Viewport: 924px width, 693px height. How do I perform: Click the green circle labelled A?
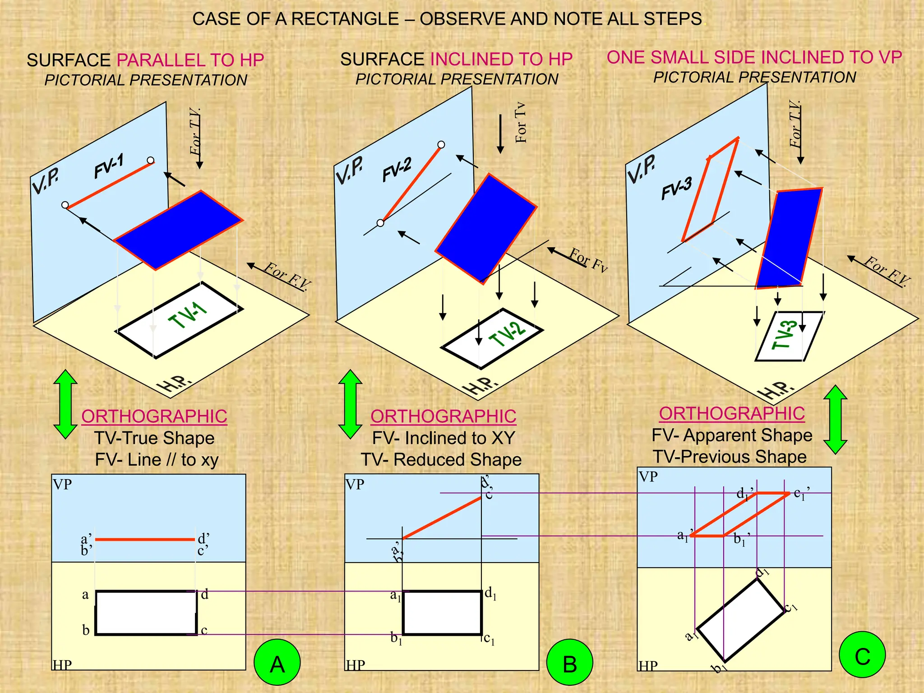(277, 662)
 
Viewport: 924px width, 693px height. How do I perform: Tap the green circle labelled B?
(569, 662)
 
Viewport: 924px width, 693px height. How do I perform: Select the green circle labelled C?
(862, 655)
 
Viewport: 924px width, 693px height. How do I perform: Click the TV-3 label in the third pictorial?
(785, 335)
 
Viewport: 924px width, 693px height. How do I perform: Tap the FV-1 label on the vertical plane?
(109, 166)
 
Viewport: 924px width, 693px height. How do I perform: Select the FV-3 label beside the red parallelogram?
(676, 188)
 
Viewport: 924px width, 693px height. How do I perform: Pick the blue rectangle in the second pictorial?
(486, 228)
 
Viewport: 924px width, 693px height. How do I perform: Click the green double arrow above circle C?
(835, 419)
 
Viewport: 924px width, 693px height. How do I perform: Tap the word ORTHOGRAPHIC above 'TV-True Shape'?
(154, 416)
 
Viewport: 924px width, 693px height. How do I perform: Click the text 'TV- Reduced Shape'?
(441, 460)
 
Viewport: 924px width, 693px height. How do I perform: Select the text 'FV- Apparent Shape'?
(732, 435)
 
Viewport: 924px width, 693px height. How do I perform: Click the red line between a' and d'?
(145, 539)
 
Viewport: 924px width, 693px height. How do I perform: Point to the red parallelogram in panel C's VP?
(740, 514)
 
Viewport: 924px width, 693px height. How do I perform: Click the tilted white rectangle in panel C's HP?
(740, 619)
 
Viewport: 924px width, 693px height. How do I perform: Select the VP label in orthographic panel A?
(62, 485)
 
